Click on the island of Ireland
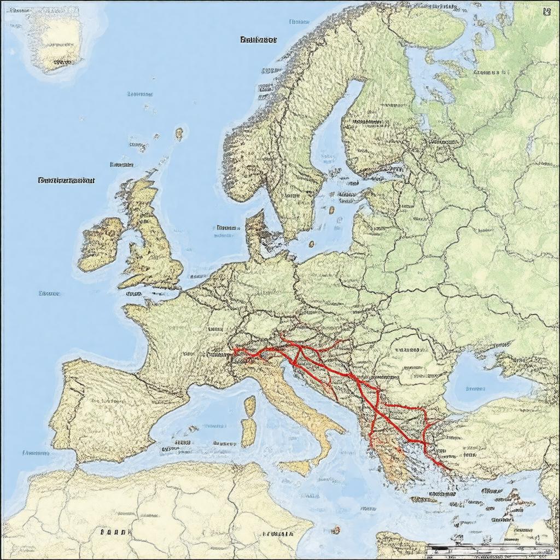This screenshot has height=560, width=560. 100,243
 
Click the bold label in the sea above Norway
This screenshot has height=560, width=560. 258,40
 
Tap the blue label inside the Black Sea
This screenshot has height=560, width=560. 475,389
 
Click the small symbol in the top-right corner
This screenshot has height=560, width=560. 546,12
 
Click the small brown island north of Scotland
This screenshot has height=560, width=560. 179,133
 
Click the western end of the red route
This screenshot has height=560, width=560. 234,350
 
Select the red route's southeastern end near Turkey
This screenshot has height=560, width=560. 448,468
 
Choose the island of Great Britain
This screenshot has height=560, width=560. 153,241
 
